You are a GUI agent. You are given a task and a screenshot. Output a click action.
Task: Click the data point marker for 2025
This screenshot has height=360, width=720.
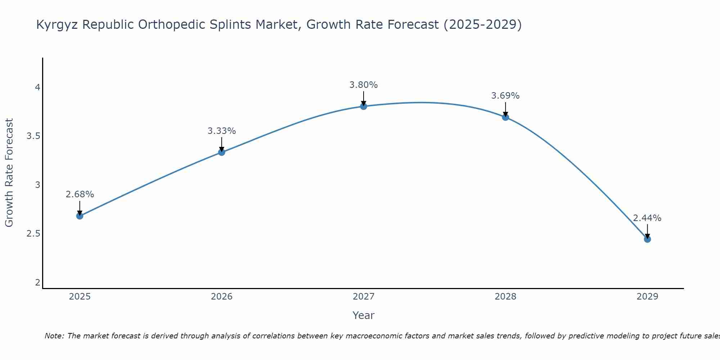tap(80, 216)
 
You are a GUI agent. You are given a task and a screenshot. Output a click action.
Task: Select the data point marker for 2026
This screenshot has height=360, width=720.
tap(222, 152)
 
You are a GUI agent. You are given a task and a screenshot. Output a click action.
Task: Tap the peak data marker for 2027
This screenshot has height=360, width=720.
tap(364, 106)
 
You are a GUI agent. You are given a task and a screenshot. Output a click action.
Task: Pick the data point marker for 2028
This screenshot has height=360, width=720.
tap(505, 117)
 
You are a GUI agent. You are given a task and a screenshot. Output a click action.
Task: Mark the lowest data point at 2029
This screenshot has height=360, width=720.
tap(647, 239)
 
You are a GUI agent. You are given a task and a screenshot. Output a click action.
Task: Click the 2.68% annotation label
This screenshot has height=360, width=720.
tap(80, 194)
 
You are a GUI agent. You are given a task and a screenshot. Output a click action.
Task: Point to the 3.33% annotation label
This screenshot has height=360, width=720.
tap(222, 131)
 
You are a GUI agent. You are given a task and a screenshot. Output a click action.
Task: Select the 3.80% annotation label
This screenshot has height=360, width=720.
tap(364, 85)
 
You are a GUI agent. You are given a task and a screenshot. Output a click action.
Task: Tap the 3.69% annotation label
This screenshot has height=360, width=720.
tap(505, 96)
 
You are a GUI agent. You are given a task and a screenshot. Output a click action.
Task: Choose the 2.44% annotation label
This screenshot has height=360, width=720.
tap(647, 218)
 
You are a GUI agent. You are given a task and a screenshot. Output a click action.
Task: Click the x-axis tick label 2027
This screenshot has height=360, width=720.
tap(364, 297)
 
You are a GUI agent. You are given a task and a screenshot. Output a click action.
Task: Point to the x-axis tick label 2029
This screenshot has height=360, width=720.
tap(647, 297)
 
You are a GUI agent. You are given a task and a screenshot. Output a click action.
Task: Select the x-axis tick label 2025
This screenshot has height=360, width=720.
tap(80, 297)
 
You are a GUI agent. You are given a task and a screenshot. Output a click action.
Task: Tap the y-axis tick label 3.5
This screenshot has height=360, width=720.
tap(33, 136)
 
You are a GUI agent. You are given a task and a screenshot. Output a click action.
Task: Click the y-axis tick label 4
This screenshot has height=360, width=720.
tap(37, 87)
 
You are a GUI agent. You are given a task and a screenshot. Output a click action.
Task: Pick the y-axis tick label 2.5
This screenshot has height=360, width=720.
tap(33, 234)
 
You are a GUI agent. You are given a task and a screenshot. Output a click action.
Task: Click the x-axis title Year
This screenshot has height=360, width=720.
tap(364, 315)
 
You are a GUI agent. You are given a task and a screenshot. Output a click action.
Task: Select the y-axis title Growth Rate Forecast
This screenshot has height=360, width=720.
tap(9, 173)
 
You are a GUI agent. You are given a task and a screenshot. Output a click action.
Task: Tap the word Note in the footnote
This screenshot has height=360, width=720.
tap(54, 336)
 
